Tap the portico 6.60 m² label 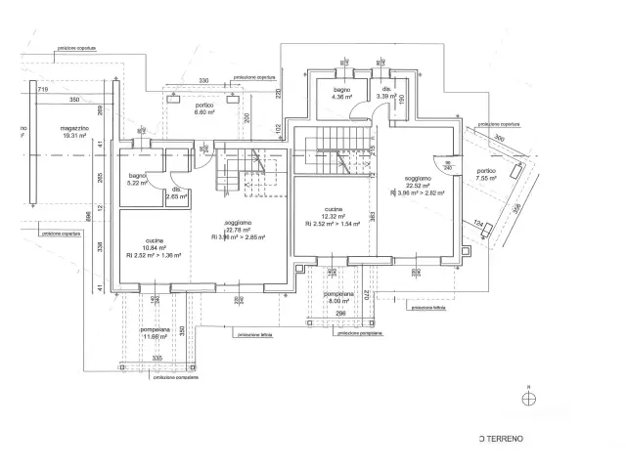tap(204, 107)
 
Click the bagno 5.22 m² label tap(137, 179)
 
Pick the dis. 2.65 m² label tap(177, 193)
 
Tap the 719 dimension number tap(43, 89)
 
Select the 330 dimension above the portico tap(203, 80)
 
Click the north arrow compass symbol tap(529, 397)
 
